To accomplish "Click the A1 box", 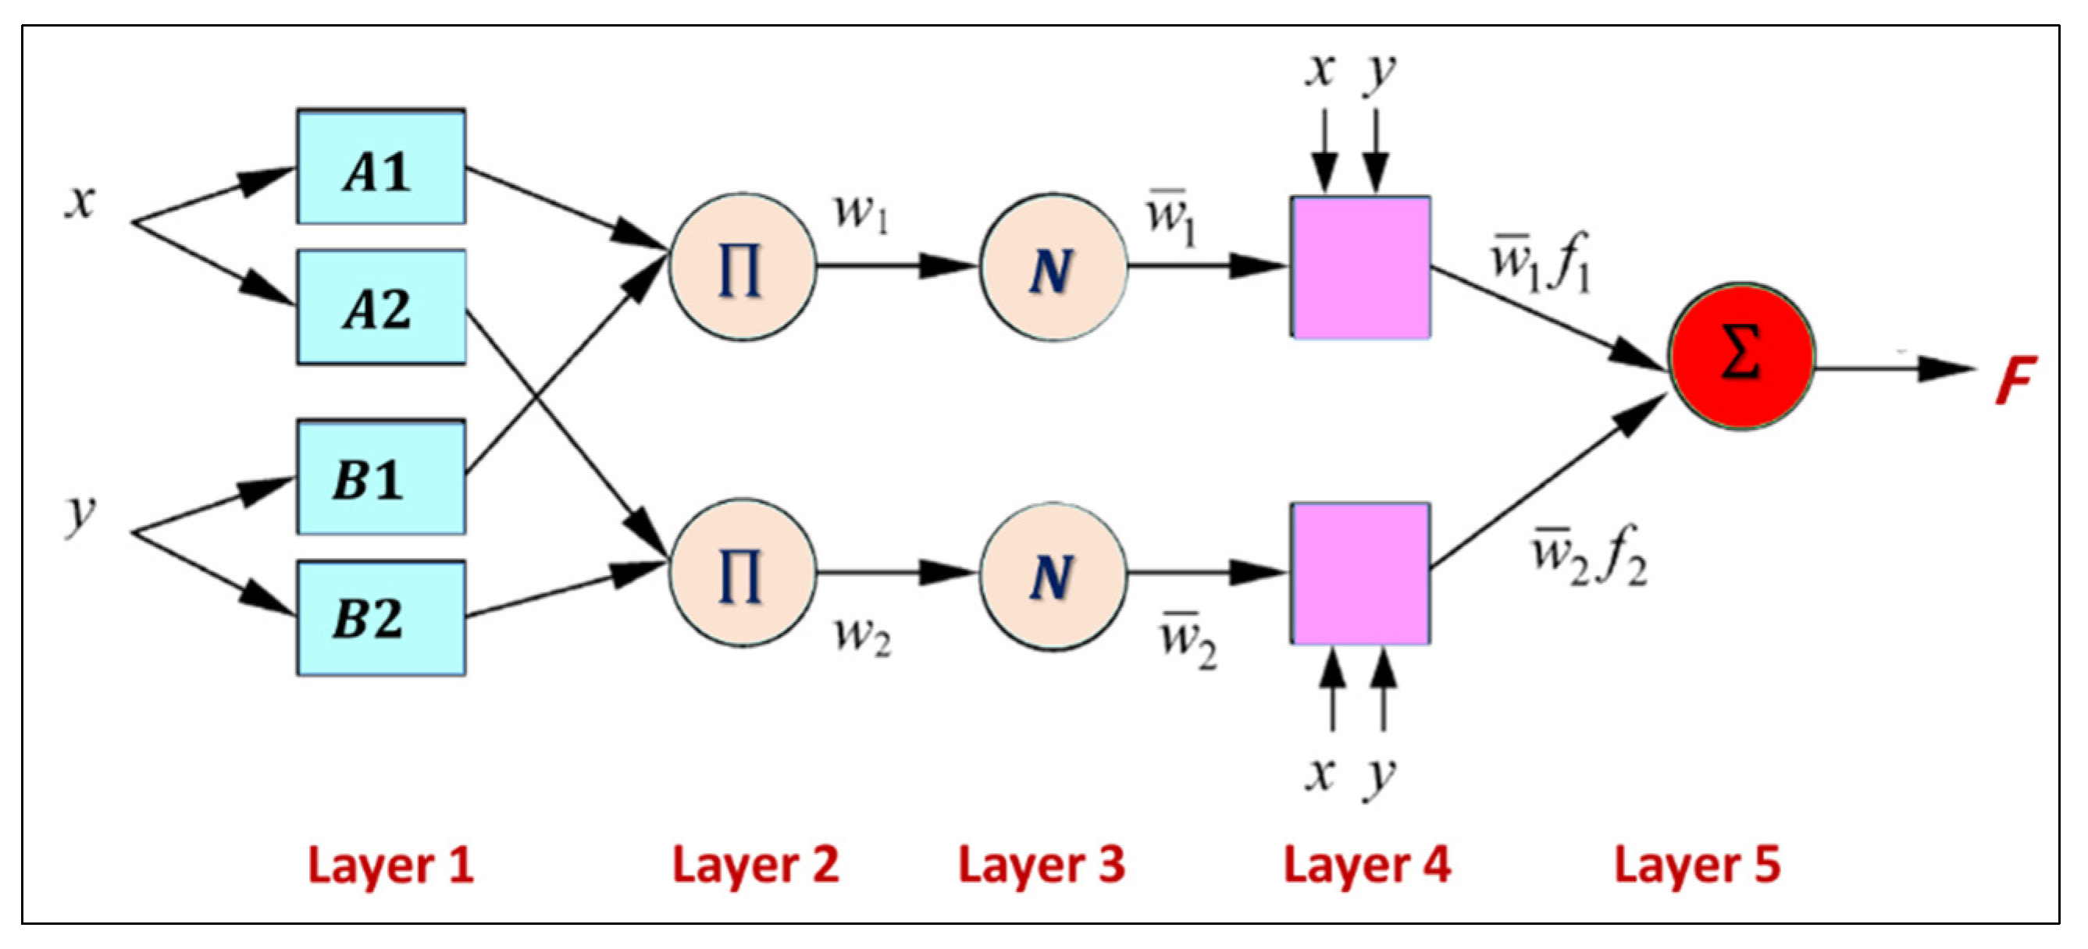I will click(381, 168).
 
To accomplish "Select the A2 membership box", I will click(381, 308).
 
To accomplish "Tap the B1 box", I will click(381, 478).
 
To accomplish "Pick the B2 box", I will click(381, 618).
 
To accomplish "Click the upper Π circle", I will click(742, 268).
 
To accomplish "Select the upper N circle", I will click(1053, 268).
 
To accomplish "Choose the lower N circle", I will click(1053, 575).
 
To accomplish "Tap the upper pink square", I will click(1360, 268).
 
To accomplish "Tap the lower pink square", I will click(1360, 574).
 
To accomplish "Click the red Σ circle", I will click(1741, 357).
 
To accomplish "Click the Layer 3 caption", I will click(1042, 865).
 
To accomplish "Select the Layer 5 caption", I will click(1698, 865).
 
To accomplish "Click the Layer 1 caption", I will click(390, 865).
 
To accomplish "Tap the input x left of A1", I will click(80, 201).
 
